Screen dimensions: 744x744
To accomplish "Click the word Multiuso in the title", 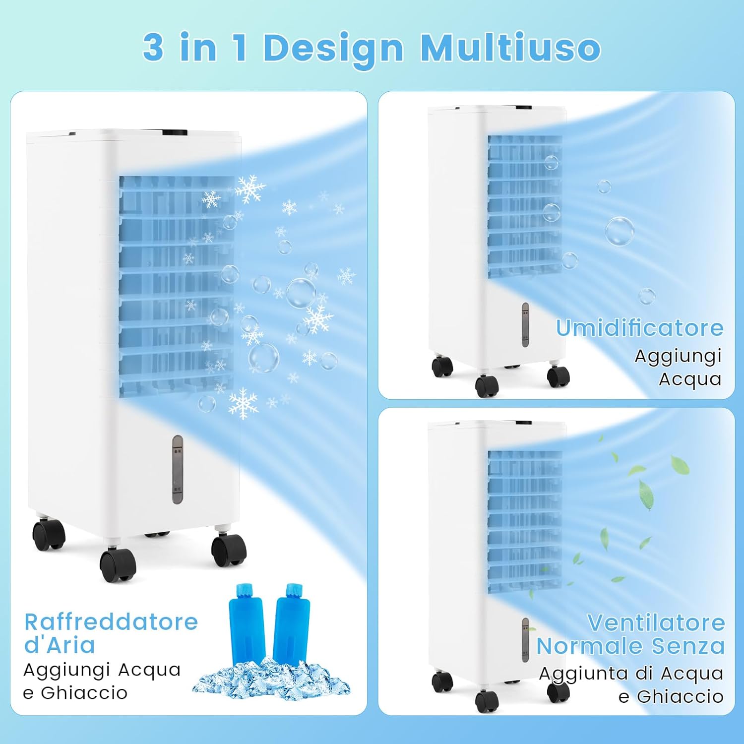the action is click(x=510, y=48).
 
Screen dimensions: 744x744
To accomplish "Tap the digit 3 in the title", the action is click(x=153, y=47).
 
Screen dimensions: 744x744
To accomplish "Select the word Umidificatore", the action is click(x=639, y=328).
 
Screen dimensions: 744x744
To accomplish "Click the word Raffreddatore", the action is click(x=111, y=622).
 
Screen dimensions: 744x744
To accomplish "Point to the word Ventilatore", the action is click(x=656, y=622).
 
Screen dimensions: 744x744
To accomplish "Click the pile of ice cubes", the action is click(x=271, y=679).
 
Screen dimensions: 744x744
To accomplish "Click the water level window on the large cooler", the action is click(x=178, y=469).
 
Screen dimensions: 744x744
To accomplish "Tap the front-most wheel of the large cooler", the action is click(x=118, y=564).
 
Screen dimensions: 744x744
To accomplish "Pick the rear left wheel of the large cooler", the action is click(x=49, y=535).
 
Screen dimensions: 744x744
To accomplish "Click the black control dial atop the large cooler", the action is click(x=174, y=132).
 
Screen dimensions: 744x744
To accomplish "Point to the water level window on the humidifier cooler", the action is click(x=525, y=325).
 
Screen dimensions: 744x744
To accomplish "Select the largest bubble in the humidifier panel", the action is click(x=620, y=231).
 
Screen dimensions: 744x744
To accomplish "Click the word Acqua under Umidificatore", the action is click(x=690, y=379).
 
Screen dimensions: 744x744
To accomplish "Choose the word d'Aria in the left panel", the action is click(x=60, y=645).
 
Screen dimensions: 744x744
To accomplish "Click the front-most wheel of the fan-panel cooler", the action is click(x=487, y=701).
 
